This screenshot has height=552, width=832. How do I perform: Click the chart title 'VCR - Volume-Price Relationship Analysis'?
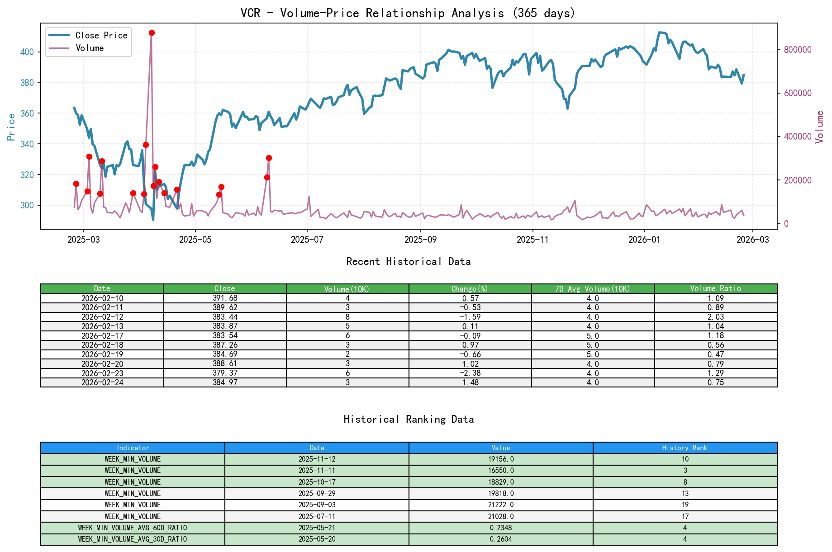pyautogui.click(x=408, y=13)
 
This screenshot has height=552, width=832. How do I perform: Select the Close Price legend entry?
pyautogui.click(x=101, y=35)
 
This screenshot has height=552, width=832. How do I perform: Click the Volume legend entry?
pyautogui.click(x=90, y=48)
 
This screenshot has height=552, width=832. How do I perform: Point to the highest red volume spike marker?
pyautogui.click(x=152, y=33)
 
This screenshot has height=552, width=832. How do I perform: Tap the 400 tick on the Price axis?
pyautogui.click(x=27, y=52)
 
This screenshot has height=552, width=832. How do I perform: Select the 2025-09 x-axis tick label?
pyautogui.click(x=420, y=240)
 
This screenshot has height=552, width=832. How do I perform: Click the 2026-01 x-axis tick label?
pyautogui.click(x=644, y=240)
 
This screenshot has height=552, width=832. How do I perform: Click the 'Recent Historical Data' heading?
pyautogui.click(x=408, y=262)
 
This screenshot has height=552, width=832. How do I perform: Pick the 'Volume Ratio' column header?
pyautogui.click(x=715, y=288)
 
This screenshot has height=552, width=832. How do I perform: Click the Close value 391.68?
pyautogui.click(x=225, y=298)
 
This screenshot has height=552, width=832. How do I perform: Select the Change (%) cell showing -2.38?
pyautogui.click(x=470, y=373)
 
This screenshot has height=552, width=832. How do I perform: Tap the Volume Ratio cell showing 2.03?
pyautogui.click(x=715, y=317)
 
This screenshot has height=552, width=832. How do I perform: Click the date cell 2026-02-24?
pyautogui.click(x=102, y=382)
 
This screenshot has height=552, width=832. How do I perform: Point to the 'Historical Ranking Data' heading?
pyautogui.click(x=408, y=420)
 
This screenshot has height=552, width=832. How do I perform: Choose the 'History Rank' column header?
pyautogui.click(x=685, y=448)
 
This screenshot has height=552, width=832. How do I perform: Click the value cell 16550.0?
pyautogui.click(x=501, y=471)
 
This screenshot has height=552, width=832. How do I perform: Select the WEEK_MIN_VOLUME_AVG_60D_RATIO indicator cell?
pyautogui.click(x=133, y=528)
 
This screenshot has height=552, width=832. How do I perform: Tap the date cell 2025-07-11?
pyautogui.click(x=317, y=516)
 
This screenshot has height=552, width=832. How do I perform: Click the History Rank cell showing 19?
pyautogui.click(x=685, y=505)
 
